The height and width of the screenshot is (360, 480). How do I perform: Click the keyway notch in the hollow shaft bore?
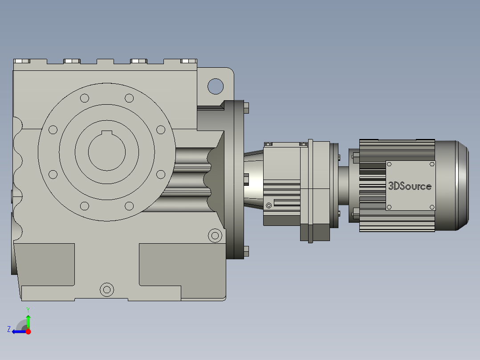point(107,132)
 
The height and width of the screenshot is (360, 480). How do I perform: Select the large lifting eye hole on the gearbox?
point(215,86)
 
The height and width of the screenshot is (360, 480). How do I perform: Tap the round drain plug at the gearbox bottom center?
point(106,290)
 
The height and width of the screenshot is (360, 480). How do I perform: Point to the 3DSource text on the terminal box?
point(410,186)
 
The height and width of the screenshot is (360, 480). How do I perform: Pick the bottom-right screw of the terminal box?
point(432,207)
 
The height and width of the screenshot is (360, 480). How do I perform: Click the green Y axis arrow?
point(28,320)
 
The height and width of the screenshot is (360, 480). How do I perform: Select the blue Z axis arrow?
point(18,331)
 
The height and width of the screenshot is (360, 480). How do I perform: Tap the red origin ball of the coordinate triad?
point(28,331)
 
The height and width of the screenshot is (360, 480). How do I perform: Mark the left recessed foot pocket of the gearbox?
point(45,264)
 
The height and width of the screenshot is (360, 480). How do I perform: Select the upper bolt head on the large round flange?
point(246,108)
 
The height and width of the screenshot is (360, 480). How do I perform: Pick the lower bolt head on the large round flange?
point(246,251)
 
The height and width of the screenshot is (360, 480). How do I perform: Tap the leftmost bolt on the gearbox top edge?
point(21,61)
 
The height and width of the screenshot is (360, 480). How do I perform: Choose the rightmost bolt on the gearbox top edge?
point(189,61)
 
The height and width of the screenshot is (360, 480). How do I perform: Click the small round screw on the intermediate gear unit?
point(268,205)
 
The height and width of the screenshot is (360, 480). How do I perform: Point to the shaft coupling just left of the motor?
point(343,185)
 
